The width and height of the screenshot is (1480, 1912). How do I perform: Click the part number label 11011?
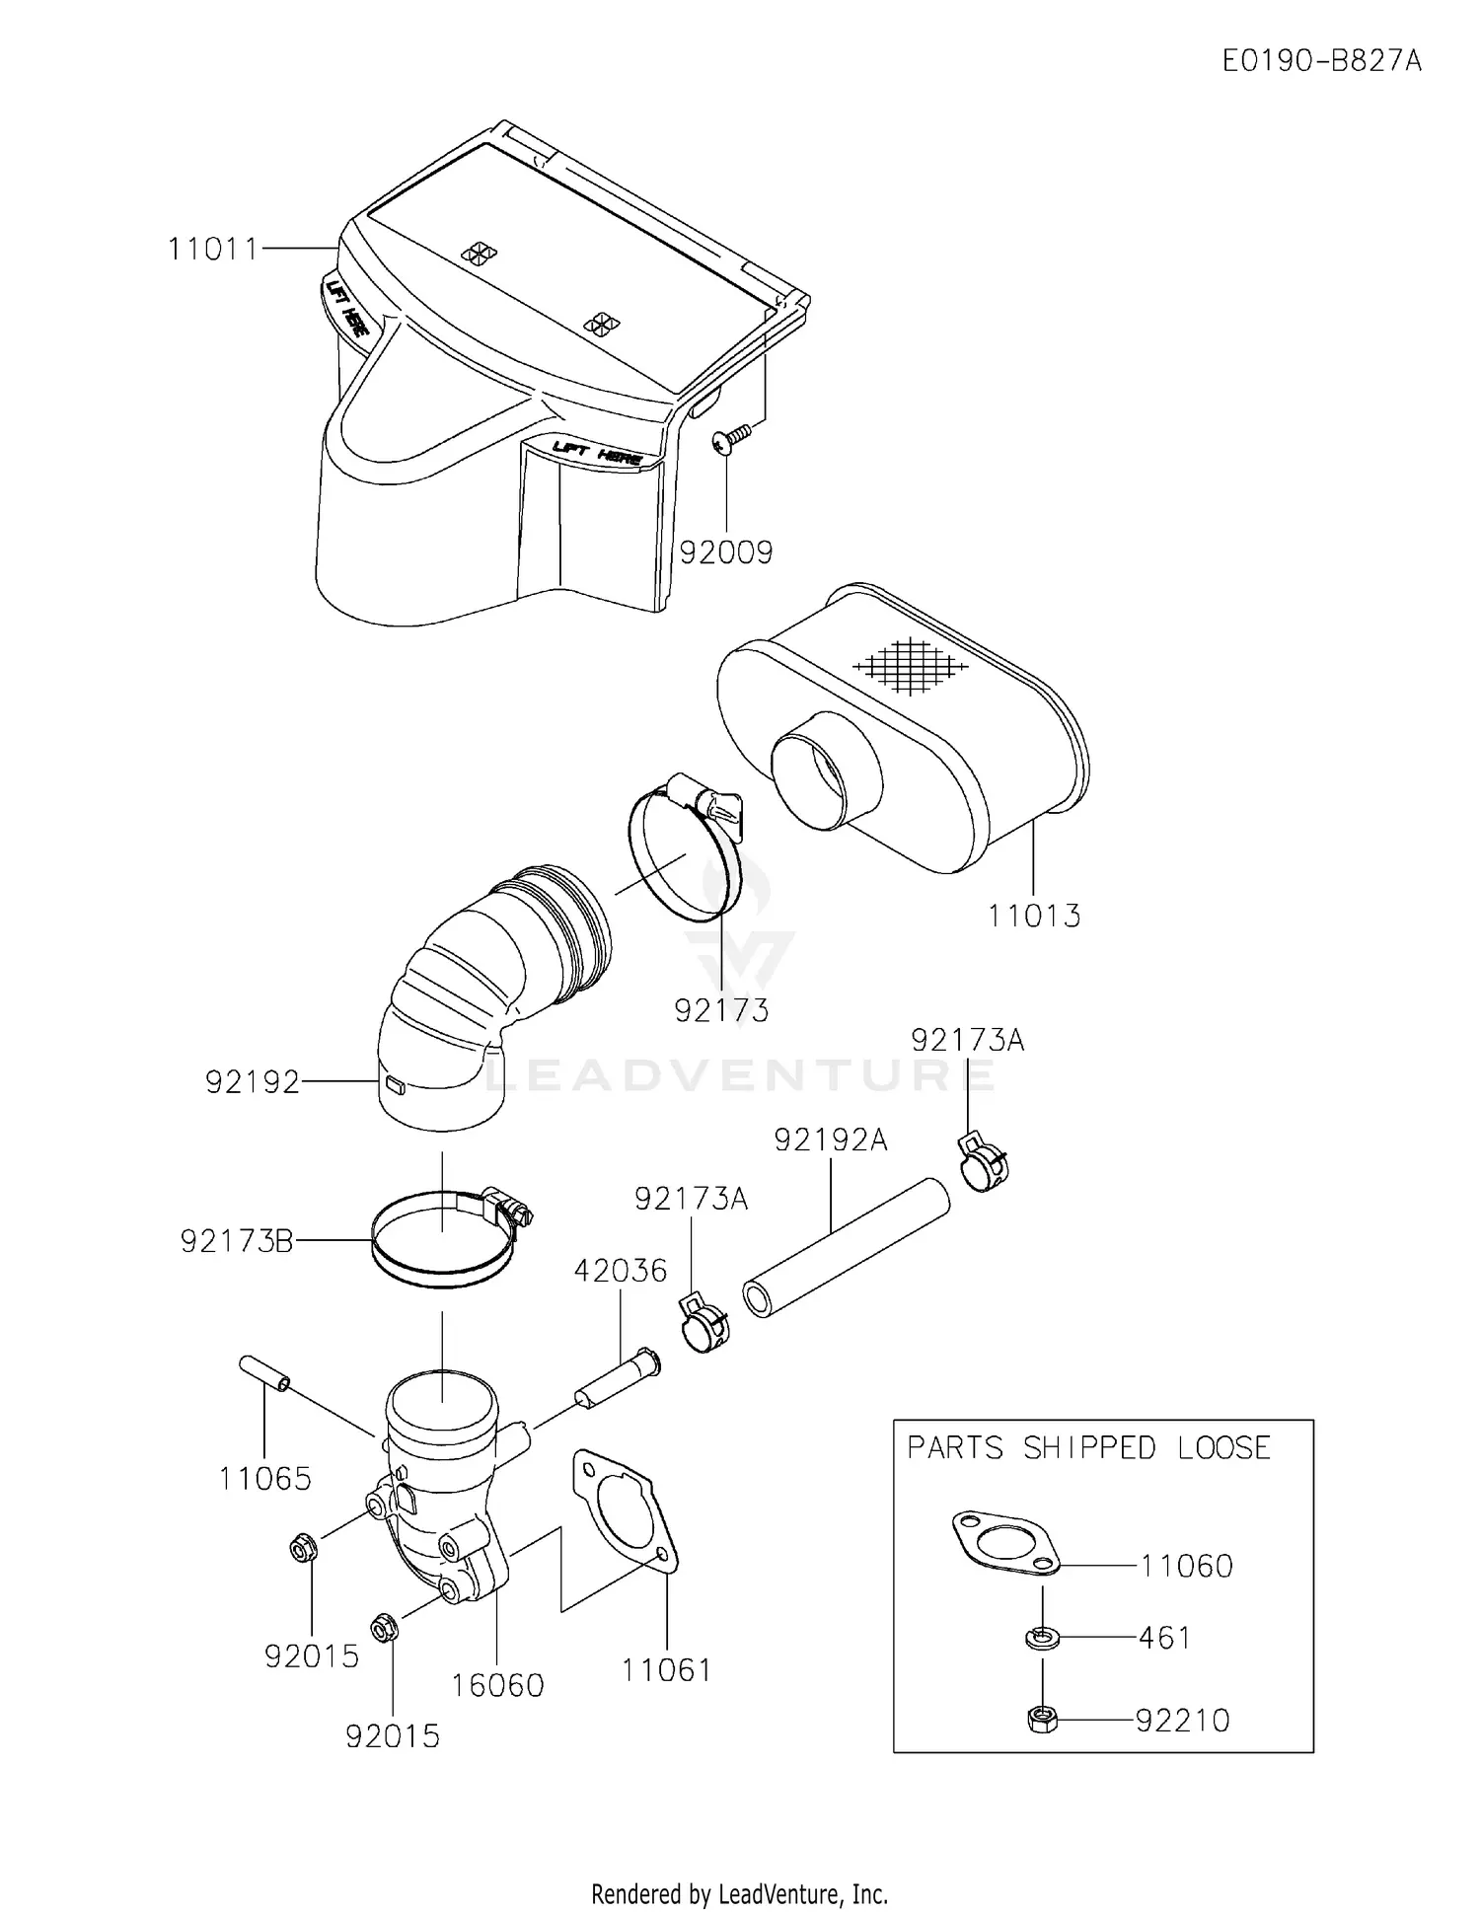[212, 250]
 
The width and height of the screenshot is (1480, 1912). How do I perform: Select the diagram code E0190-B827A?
[1321, 61]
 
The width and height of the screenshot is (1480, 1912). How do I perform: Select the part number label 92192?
[252, 1082]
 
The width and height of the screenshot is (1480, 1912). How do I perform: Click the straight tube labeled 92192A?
[846, 1247]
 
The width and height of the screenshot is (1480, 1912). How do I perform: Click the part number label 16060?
[497, 1685]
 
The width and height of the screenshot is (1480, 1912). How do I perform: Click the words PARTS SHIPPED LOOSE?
[1088, 1448]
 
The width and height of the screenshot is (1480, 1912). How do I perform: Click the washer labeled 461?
[1042, 1638]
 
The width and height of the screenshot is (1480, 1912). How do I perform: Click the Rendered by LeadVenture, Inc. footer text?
[739, 1894]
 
